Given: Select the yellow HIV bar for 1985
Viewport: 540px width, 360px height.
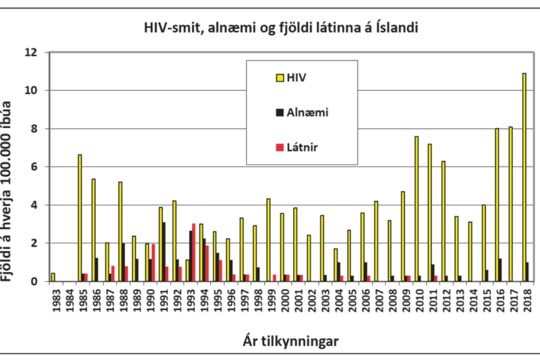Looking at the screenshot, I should tap(80, 218).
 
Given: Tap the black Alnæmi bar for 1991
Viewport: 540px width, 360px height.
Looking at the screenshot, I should tap(164, 252).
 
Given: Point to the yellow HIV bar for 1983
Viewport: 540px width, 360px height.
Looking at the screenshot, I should tap(53, 277).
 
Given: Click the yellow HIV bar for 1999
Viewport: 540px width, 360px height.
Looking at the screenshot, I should tap(268, 240).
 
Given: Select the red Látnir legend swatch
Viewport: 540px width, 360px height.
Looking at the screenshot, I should tap(279, 147).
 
